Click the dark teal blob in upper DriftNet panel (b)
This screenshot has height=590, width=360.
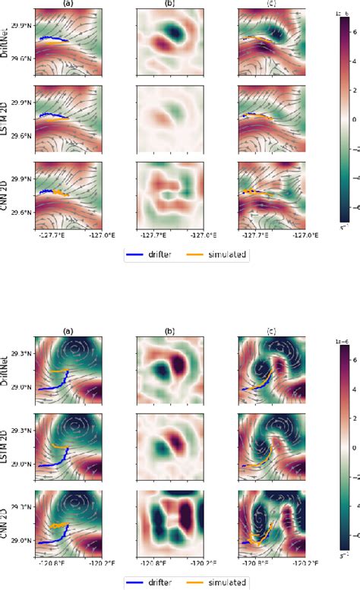[x=177, y=33]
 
